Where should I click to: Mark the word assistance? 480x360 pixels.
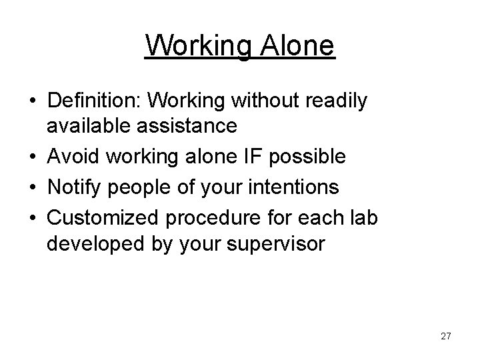[190, 125]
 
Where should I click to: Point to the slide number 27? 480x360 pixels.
[445, 336]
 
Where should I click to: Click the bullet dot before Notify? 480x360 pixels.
[33, 187]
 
